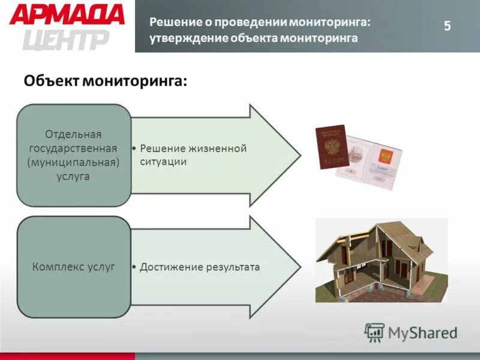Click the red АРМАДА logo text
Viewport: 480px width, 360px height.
(x=67, y=14)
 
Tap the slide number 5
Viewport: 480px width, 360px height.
(x=447, y=26)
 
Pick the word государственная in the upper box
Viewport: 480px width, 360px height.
(x=74, y=148)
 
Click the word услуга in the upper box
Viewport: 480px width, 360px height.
(x=74, y=176)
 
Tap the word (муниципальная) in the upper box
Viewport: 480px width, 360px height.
(x=74, y=162)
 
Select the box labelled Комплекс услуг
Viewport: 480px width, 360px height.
(x=74, y=267)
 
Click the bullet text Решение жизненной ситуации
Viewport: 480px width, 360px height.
(x=192, y=155)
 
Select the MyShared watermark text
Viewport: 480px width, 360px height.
(x=423, y=332)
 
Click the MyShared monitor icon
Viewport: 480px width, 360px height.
(x=375, y=332)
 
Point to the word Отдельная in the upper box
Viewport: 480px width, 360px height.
(x=74, y=133)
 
